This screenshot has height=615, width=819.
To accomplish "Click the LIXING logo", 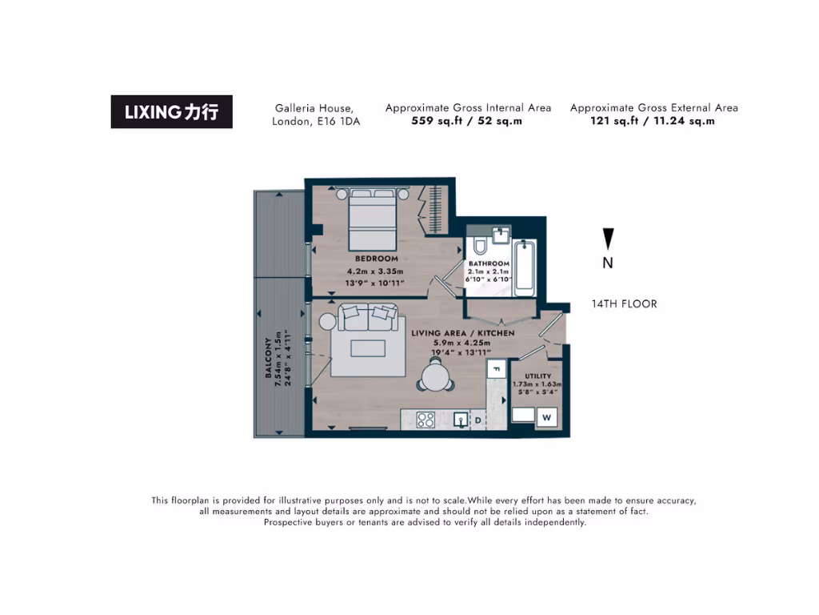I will point(171,112).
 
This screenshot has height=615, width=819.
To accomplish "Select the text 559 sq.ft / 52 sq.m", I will point(467,121).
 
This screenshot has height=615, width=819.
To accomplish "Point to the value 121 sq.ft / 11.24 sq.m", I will point(653,121).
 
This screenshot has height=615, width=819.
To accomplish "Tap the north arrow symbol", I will point(608,239).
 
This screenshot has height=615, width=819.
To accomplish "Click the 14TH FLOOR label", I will point(624,304).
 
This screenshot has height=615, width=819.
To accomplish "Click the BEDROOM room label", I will point(376,259).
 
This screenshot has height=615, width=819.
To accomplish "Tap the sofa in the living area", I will point(368,318).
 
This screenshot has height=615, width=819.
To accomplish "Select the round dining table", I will point(435,376).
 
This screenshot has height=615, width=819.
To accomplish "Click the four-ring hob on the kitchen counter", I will point(425,419).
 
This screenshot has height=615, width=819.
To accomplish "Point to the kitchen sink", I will point(461,419).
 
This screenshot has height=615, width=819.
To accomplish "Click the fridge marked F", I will point(496,369).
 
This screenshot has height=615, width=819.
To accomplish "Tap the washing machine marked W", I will point(548,417).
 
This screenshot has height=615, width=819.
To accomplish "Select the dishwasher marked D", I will point(478,420).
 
